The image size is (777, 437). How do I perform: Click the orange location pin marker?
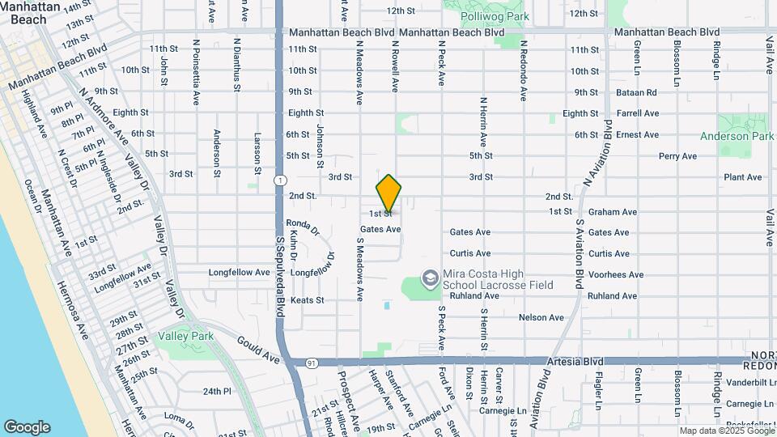click(x=388, y=193)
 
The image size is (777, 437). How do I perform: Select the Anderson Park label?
click(x=737, y=137)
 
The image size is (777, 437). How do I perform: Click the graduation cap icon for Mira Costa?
click(x=429, y=278)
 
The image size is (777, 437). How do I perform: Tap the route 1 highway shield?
click(x=279, y=180)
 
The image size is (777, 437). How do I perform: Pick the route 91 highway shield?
click(x=312, y=363)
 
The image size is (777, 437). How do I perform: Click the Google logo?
click(x=27, y=427)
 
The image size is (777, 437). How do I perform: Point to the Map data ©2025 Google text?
click(x=726, y=431)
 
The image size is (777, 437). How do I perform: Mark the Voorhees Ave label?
click(x=615, y=275)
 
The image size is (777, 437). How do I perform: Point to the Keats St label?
click(x=307, y=300)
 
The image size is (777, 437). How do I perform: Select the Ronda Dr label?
click(x=304, y=227)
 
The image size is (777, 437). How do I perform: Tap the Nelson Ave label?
click(x=541, y=317)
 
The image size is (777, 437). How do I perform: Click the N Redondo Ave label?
click(x=524, y=71)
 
